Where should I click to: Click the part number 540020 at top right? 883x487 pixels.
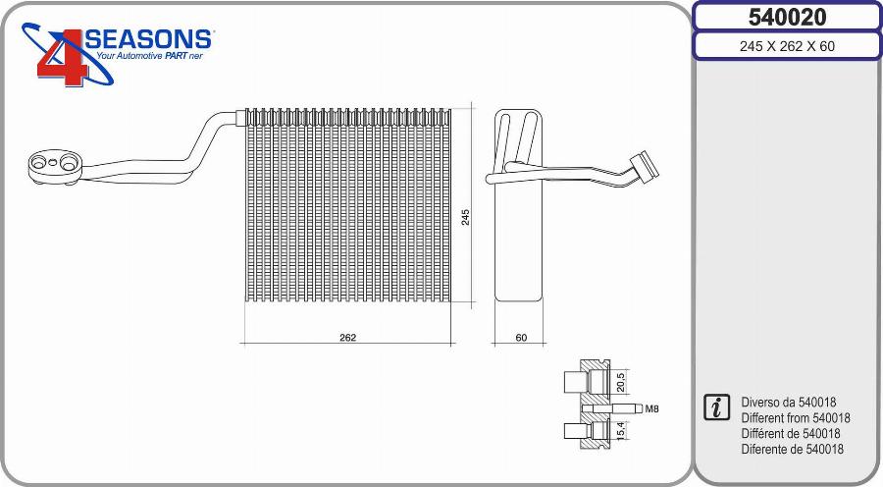(x=787, y=17)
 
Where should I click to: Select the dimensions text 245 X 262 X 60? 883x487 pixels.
(x=787, y=46)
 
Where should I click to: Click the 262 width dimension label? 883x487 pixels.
(x=347, y=337)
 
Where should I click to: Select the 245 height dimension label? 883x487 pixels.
(x=466, y=216)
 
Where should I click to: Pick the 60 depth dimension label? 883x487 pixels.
(x=521, y=337)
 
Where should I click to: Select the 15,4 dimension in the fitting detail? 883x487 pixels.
(x=619, y=429)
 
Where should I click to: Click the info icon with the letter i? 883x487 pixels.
(x=717, y=407)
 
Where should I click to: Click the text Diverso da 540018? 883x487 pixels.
(x=789, y=403)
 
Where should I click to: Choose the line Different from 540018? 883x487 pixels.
(x=796, y=418)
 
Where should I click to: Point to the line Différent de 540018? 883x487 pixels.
(x=792, y=434)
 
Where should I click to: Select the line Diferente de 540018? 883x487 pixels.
(x=793, y=450)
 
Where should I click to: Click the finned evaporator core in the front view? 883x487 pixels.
(x=348, y=206)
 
